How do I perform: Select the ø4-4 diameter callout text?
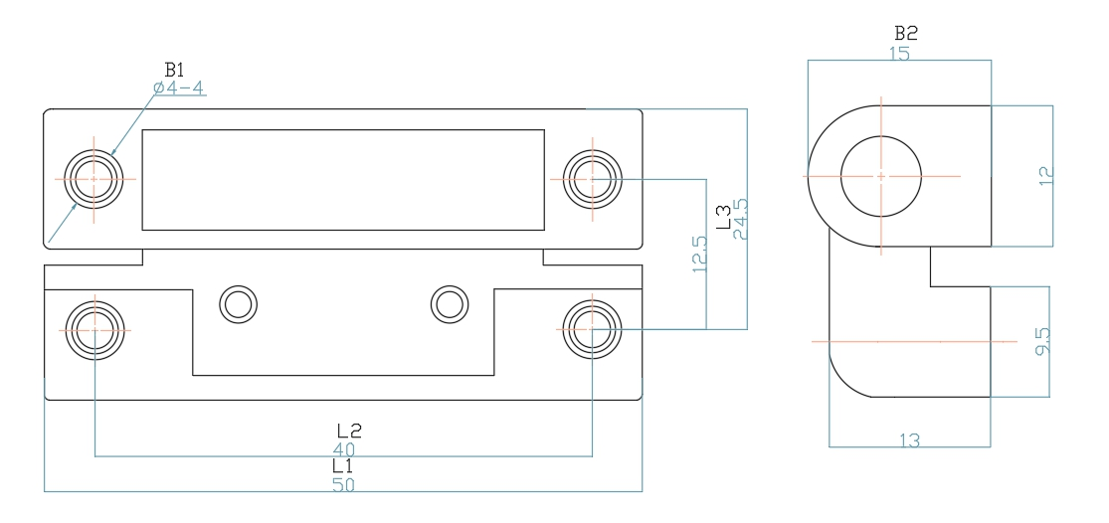click(179, 88)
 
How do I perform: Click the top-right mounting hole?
click(592, 179)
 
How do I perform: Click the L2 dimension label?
click(349, 432)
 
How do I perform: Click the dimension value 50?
click(344, 485)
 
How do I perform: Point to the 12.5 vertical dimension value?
click(700, 254)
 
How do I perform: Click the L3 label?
click(723, 218)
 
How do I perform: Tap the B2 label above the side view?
click(906, 33)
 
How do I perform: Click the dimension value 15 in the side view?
click(899, 53)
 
